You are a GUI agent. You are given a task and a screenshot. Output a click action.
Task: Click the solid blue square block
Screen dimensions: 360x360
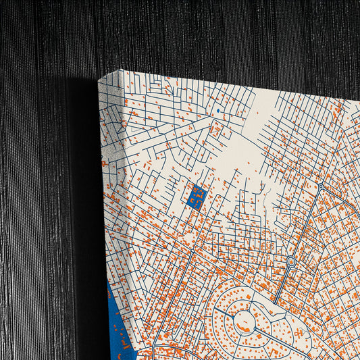point(197,197)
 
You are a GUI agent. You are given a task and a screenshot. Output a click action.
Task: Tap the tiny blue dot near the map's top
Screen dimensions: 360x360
point(219,109)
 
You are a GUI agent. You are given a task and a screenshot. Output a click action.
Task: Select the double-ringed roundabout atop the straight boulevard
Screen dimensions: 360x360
point(291,261)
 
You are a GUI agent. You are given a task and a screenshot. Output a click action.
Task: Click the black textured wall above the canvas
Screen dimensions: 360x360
point(203,34)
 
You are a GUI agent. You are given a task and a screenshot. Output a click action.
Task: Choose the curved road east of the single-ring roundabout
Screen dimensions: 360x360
point(338,196)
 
